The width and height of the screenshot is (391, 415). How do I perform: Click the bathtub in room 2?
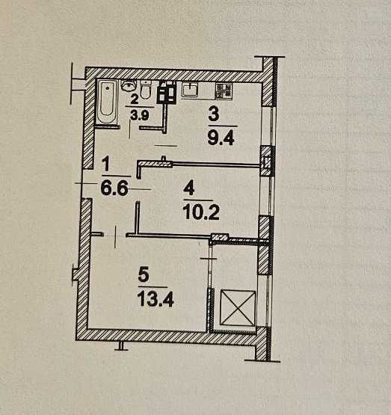pos(107,102)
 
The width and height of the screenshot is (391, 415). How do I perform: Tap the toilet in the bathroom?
pos(145,89)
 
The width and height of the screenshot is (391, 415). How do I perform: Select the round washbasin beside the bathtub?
pos(129,85)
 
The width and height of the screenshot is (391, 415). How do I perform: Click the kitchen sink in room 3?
pos(190,90)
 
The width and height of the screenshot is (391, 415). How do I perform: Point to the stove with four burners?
pos(224,90)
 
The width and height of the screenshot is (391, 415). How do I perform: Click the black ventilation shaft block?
pos(167,92)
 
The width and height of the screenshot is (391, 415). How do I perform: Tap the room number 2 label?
pos(135,99)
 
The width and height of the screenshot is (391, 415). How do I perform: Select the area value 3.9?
pos(140,115)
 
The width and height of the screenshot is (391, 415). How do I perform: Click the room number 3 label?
pos(214,115)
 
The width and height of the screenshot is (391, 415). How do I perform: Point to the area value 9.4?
pos(221,138)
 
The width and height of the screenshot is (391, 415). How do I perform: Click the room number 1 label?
pos(106,164)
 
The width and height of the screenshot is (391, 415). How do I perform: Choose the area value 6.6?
pos(114,188)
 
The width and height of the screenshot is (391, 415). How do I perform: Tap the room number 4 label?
pos(189,189)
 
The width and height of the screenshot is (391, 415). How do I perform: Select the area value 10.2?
pos(201,212)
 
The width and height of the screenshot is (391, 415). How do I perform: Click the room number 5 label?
pos(144,275)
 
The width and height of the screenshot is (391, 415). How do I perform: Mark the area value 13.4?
pos(156,300)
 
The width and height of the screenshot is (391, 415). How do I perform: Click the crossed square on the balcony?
pos(238,308)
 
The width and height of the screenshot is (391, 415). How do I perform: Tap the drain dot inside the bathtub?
pos(107,87)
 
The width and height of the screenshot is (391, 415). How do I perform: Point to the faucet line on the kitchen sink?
pos(190,85)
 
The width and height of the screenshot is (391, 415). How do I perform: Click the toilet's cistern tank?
pos(146,83)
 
